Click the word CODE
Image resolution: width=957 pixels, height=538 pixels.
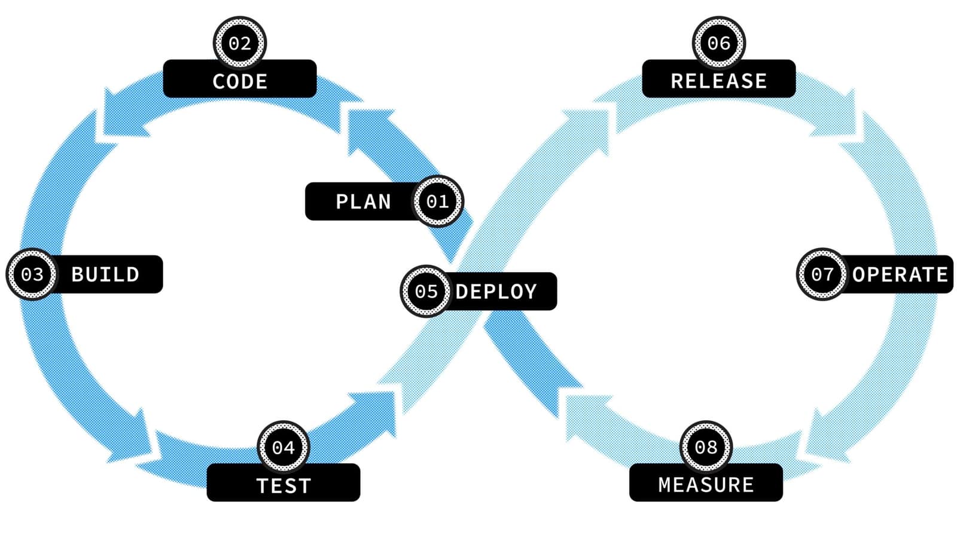(x=240, y=81)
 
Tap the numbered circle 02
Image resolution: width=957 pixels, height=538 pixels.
(x=240, y=43)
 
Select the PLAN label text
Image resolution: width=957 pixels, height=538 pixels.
(x=363, y=202)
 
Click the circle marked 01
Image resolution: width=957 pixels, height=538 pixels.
(x=438, y=201)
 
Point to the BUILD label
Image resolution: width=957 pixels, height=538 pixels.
(x=105, y=274)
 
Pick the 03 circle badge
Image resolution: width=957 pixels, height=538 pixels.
(x=32, y=274)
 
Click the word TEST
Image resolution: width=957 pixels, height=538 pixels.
(x=284, y=485)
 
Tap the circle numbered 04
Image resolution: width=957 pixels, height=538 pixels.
(x=284, y=447)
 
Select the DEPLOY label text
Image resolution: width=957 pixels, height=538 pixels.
(x=496, y=292)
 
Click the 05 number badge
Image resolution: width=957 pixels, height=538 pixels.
(x=426, y=292)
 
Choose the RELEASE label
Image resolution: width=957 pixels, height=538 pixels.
(x=718, y=81)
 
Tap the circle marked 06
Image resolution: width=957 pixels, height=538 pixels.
(x=718, y=43)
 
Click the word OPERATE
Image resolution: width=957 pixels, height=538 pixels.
(x=900, y=274)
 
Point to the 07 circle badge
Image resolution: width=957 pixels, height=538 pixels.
(x=822, y=274)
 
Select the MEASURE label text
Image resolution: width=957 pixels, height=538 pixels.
(x=706, y=484)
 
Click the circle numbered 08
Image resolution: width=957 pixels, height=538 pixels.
(x=706, y=447)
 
